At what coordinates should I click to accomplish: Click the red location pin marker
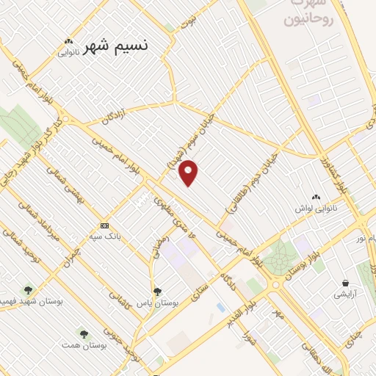[189, 172]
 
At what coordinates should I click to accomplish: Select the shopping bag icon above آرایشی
[344, 283]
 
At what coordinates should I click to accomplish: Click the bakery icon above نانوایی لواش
[317, 197]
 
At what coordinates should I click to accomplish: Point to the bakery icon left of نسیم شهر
[68, 42]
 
